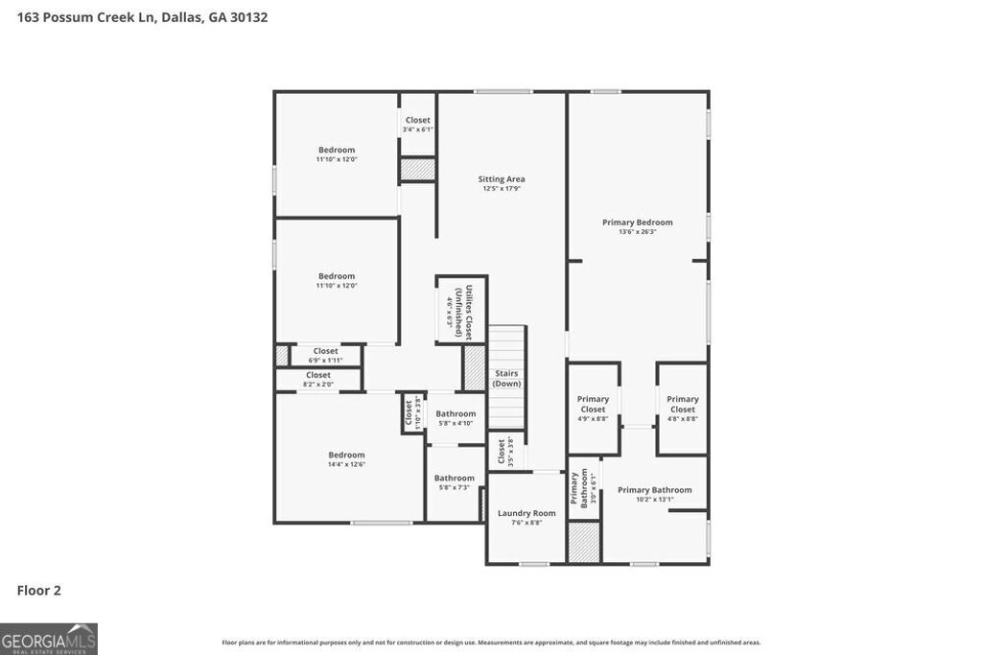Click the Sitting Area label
[x=502, y=179]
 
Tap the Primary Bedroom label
[x=637, y=222]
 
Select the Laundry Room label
[x=526, y=513]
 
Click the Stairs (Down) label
[x=506, y=378]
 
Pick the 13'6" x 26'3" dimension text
[x=637, y=232]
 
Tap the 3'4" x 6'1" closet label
[x=417, y=125]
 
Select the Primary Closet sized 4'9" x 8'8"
[x=593, y=409]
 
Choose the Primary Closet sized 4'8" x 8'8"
[x=683, y=409]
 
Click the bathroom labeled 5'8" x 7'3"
[x=454, y=482]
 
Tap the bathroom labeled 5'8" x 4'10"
[x=456, y=418]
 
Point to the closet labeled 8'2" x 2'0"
[x=318, y=380]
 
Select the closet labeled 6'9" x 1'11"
[x=325, y=356]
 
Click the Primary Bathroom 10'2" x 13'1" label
[x=654, y=494]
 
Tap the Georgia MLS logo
[x=49, y=639]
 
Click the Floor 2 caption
[x=39, y=591]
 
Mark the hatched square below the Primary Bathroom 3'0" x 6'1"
[x=584, y=542]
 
